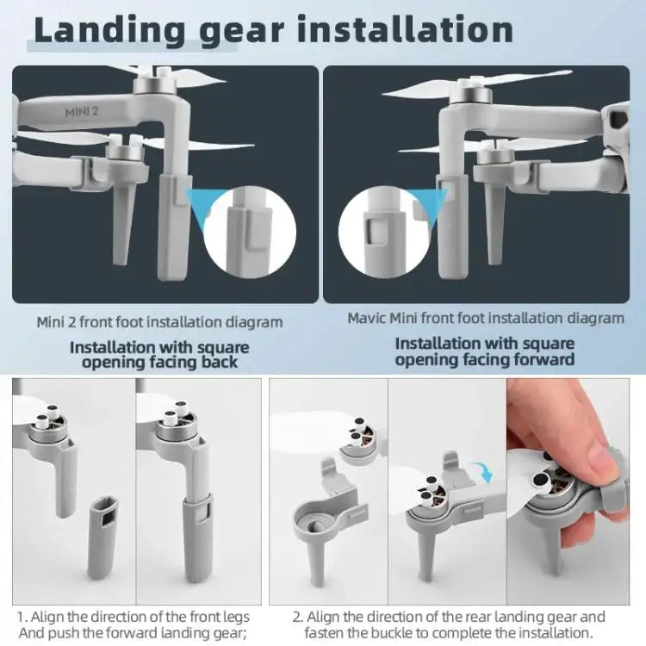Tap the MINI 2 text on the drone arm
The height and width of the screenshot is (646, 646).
(x=84, y=112)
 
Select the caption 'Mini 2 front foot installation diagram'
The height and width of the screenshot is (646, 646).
(x=159, y=322)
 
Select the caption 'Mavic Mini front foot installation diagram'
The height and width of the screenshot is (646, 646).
(x=486, y=318)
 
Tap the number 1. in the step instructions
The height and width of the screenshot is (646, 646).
(x=23, y=617)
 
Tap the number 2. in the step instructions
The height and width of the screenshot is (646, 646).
(x=298, y=617)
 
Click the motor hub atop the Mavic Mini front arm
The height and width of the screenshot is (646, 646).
(x=475, y=93)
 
